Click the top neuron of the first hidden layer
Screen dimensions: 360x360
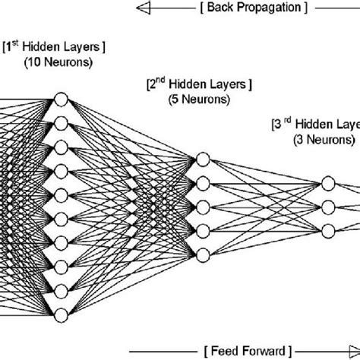pos(61,99)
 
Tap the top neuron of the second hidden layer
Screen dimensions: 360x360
pos(202,159)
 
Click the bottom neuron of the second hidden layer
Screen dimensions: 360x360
pos(202,253)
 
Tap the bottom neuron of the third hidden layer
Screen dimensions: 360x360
pos(328,230)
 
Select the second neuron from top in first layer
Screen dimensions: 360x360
pos(61,123)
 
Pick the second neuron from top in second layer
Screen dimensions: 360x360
pos(202,183)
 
